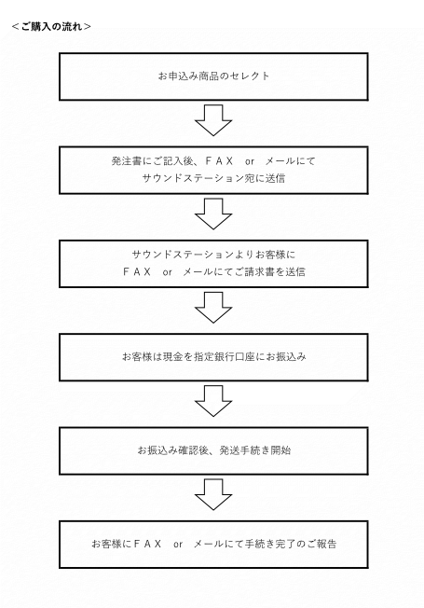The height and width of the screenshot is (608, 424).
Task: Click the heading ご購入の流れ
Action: coord(52,26)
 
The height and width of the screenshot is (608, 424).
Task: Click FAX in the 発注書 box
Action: coord(219,161)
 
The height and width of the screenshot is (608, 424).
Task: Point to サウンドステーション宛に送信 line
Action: coord(213,178)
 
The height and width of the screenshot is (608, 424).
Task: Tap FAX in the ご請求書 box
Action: coord(136,271)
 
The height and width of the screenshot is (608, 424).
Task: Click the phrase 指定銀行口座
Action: coord(224,356)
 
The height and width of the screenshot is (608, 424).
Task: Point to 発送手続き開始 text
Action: coord(255,450)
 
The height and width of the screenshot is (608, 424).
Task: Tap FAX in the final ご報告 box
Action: coord(147,544)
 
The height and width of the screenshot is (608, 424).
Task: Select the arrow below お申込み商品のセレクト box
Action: coord(213,120)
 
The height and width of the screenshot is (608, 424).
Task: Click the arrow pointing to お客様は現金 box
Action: coord(213,308)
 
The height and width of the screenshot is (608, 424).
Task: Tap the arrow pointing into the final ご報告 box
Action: coord(213,494)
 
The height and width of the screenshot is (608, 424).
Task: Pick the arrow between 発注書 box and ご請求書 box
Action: coord(213,214)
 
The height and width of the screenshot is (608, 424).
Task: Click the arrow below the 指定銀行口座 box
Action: coord(213,401)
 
